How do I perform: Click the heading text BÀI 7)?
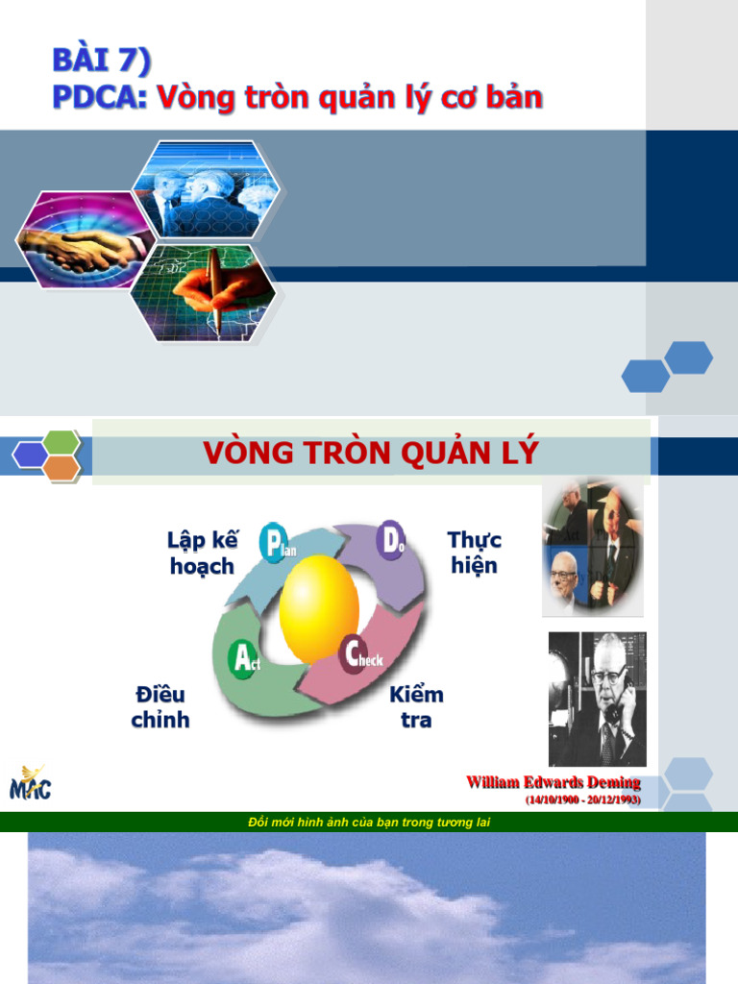coord(101,61)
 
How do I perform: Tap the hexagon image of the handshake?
coord(79,240)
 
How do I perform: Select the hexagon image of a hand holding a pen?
coord(206,291)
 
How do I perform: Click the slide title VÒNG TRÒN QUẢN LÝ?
coord(371,453)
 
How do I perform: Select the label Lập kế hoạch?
coord(202,553)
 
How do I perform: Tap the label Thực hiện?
coord(475,553)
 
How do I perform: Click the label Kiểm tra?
coord(416,706)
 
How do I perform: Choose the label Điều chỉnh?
coord(160,706)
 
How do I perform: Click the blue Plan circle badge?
coord(275,543)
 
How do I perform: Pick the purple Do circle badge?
coord(393,539)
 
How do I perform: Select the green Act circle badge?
coord(242,658)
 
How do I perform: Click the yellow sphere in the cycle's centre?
coord(319,608)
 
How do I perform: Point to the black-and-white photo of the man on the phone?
coord(597,699)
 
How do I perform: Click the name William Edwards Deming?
coord(553,783)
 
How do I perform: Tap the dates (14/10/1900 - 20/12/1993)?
coord(582,799)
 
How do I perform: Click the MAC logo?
coord(31,782)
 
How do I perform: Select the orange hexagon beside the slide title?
coord(61,469)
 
